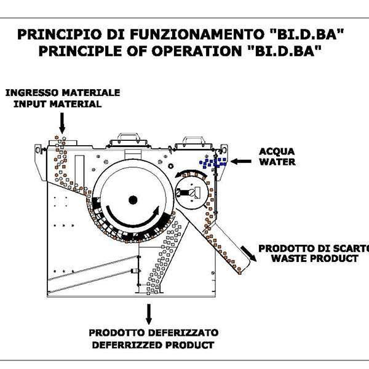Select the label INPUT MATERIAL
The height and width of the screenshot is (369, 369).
54,104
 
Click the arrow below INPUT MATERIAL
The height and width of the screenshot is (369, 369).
60,124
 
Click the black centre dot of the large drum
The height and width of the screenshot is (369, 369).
132,199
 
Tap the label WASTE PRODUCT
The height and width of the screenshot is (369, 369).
314,259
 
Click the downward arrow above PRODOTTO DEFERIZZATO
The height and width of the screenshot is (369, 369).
148,314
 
